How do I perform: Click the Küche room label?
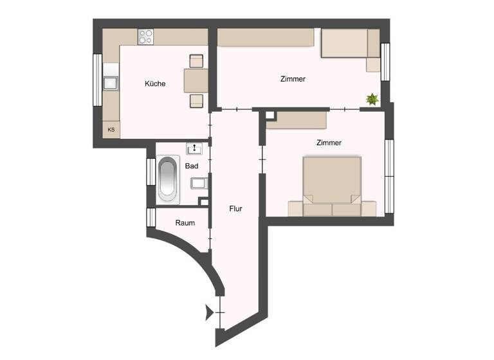click(155, 84)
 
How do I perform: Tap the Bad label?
click(192, 166)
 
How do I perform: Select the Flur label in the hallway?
click(236, 208)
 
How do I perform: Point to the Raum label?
click(185, 222)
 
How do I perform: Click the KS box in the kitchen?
click(111, 130)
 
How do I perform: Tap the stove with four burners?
click(146, 37)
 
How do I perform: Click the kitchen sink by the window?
click(111, 82)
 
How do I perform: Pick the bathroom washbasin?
click(194, 149)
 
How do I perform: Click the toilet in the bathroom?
click(198, 183)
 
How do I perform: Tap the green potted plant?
click(371, 99)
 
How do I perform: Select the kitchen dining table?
click(196, 80)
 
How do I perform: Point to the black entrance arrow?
click(208, 313)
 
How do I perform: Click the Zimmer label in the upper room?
click(293, 79)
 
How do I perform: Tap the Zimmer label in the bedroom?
click(328, 143)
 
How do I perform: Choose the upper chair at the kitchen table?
click(196, 61)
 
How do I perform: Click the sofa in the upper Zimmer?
click(351, 46)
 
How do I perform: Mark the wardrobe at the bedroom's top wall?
click(301, 120)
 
